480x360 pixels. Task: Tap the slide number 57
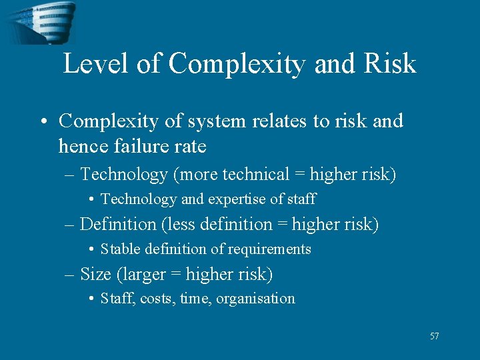click(x=434, y=336)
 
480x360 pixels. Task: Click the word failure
click(x=138, y=146)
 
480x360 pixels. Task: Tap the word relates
click(x=275, y=121)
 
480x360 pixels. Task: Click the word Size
click(x=95, y=274)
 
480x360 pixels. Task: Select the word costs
click(x=157, y=299)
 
